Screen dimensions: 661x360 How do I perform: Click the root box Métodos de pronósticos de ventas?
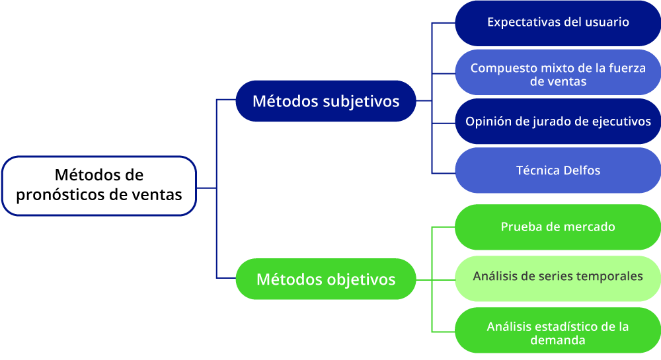[99, 186]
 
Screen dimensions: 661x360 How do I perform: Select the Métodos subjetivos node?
[326, 101]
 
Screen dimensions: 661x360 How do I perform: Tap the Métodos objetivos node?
[326, 279]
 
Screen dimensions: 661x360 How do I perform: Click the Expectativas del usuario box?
[558, 23]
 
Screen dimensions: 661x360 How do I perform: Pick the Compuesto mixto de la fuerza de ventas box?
[558, 73]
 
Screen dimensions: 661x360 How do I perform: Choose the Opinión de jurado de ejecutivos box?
[558, 122]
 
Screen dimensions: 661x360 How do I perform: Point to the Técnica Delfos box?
[558, 170]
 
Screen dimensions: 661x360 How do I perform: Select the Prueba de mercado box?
[558, 227]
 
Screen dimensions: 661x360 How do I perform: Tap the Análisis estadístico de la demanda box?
[558, 330]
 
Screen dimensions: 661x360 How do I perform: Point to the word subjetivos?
[361, 102]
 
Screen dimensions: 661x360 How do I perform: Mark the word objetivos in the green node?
[361, 280]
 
